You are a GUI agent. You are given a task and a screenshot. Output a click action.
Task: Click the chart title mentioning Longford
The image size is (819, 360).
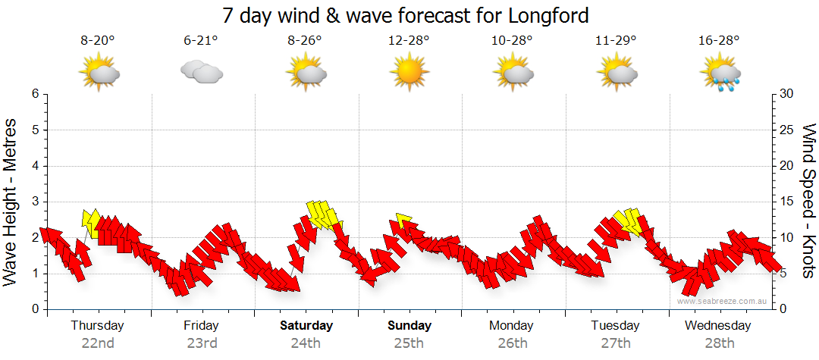(x=406, y=15)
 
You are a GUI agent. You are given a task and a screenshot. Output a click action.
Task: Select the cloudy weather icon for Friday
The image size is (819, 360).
(x=201, y=72)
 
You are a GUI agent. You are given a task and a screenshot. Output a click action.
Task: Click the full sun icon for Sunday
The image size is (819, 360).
(x=408, y=73)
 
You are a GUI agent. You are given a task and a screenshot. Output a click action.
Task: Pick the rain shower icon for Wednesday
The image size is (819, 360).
(x=718, y=73)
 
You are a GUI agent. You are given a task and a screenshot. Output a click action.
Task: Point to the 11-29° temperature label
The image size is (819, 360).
(x=616, y=42)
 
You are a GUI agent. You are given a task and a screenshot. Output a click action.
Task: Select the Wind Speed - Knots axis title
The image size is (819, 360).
(x=808, y=201)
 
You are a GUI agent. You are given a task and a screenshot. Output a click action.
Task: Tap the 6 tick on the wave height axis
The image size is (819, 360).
(x=35, y=94)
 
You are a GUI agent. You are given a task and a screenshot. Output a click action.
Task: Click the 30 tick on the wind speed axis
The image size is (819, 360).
(x=787, y=94)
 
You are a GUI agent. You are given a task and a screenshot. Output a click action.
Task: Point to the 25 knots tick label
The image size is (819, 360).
(x=787, y=130)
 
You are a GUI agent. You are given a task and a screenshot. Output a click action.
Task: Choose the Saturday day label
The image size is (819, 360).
(x=306, y=326)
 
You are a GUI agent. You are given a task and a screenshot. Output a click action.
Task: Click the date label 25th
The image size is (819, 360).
(x=409, y=343)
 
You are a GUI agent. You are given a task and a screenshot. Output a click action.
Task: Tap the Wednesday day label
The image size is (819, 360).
(x=717, y=326)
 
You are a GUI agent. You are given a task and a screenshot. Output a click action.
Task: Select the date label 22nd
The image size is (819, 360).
(x=98, y=343)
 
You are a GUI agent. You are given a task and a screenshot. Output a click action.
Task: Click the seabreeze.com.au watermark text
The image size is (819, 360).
(x=723, y=301)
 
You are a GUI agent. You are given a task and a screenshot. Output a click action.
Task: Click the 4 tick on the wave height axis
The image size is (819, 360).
(x=35, y=166)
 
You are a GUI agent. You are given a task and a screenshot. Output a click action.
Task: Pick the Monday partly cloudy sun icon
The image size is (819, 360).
(x=512, y=73)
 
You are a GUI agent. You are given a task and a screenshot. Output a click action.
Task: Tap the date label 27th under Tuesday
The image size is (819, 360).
(x=616, y=343)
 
